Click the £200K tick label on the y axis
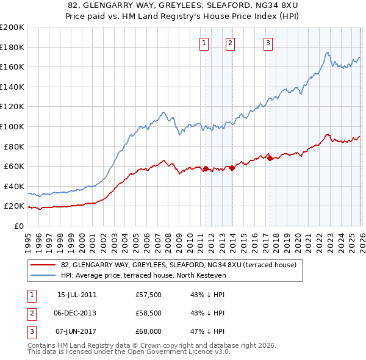click(x=12, y=27)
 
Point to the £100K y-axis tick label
click(x=12, y=126)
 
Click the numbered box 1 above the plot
click(x=204, y=43)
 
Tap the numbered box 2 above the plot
click(x=230, y=43)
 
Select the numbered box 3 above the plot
click(x=268, y=43)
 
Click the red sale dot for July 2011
click(x=206, y=168)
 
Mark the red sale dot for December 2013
click(x=232, y=168)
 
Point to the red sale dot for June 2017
click(x=270, y=158)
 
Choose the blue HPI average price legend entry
click(x=143, y=275)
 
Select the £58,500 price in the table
click(x=149, y=313)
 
